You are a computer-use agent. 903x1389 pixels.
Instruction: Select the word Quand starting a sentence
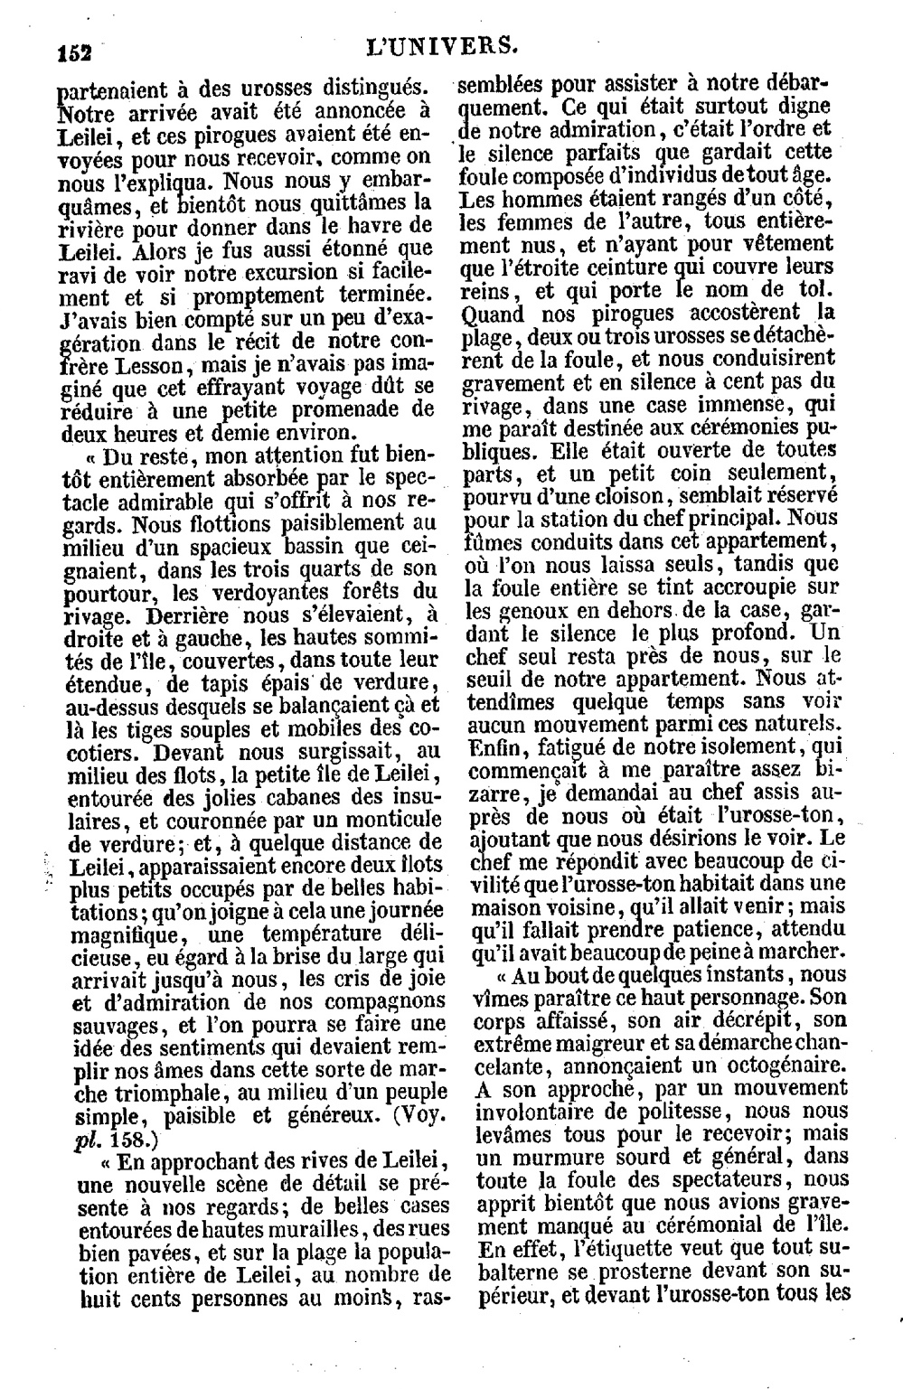point(492,314)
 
